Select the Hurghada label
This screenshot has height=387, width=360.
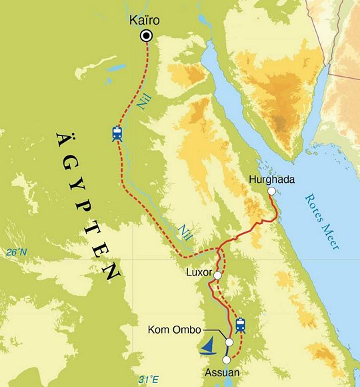(271, 179)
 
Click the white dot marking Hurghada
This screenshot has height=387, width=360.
(271, 191)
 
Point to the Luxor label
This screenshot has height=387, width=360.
(199, 274)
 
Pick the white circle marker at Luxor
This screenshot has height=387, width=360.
(217, 274)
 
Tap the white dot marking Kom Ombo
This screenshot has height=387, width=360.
(229, 342)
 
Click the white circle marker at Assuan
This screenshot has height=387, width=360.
(226, 360)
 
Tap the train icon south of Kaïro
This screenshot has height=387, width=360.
(117, 133)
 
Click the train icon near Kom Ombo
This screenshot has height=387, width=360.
(240, 325)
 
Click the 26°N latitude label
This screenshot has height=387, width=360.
(16, 252)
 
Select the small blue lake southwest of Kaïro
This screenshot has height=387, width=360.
(117, 68)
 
